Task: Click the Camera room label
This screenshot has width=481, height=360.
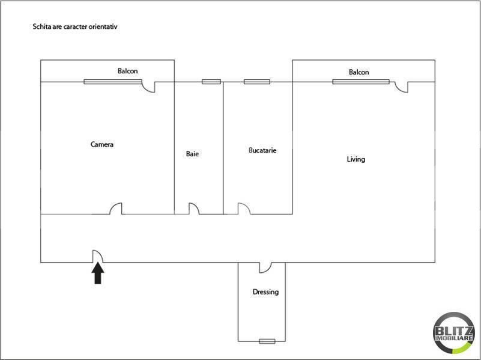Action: point(102,144)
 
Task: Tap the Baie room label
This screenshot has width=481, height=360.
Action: point(192,154)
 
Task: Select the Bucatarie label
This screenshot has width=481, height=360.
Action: point(262,150)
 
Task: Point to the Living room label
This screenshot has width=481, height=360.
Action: point(356,159)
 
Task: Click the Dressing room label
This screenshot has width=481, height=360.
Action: point(265,292)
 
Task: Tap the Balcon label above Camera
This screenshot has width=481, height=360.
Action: point(127,71)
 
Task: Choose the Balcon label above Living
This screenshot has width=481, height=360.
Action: point(359,72)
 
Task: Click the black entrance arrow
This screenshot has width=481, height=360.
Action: point(97,274)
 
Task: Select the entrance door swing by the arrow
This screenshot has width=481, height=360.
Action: point(97,257)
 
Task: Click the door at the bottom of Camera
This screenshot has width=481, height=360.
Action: point(116,209)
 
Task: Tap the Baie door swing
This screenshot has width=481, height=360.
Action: point(194,209)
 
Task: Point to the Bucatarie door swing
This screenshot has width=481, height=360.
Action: point(244,209)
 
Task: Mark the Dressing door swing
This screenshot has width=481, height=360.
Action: point(265,267)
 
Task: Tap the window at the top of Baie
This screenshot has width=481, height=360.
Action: point(211,82)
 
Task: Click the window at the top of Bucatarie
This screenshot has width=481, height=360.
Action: point(257,82)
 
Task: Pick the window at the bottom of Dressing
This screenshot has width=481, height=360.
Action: point(267,341)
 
